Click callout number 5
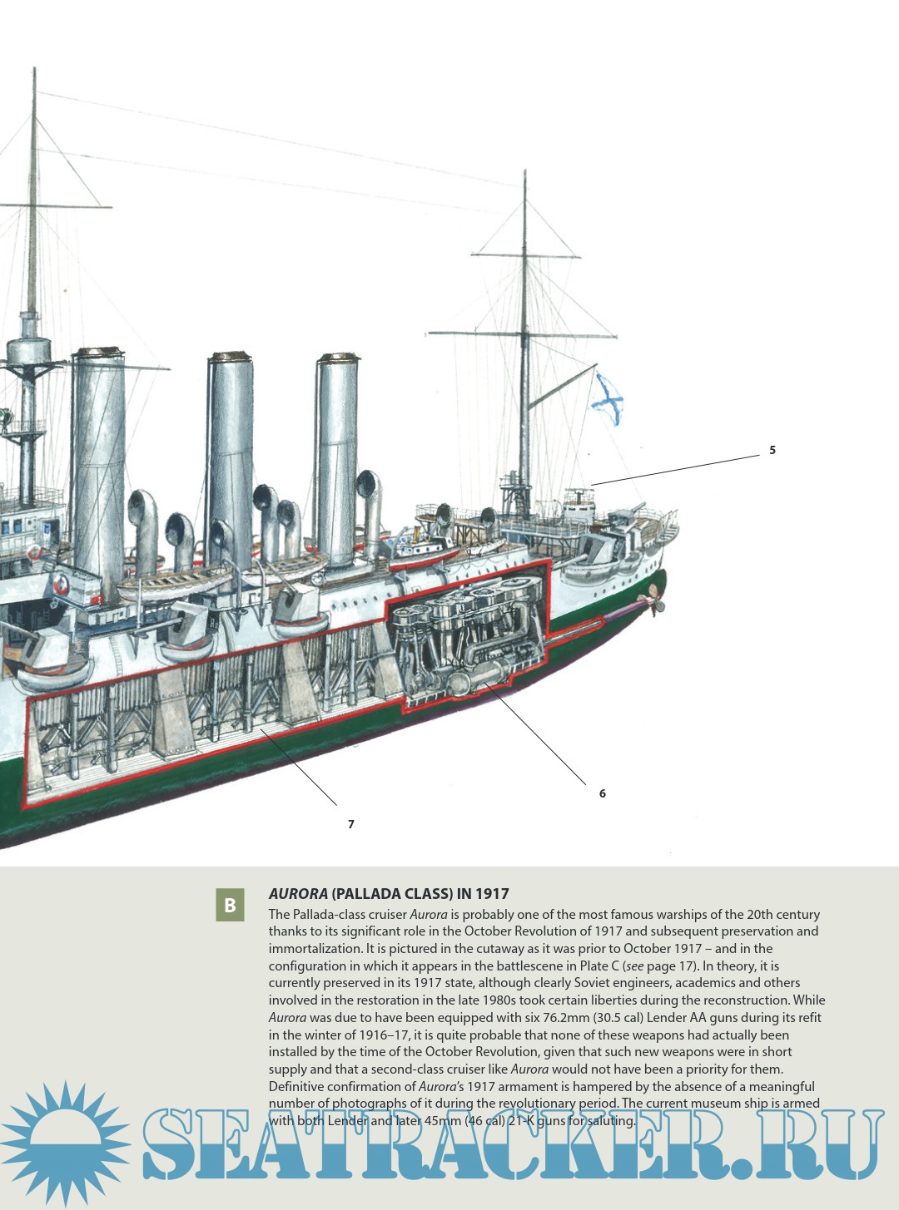tap(772, 450)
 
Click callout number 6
tap(603, 793)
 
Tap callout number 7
tap(351, 824)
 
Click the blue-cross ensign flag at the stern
tap(607, 398)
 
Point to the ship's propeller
tap(656, 600)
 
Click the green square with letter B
tap(231, 905)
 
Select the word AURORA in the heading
tap(298, 894)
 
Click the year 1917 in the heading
tap(492, 894)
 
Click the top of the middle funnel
tap(231, 358)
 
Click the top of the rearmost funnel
tap(338, 360)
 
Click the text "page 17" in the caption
tap(670, 966)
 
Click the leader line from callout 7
tap(300, 768)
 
